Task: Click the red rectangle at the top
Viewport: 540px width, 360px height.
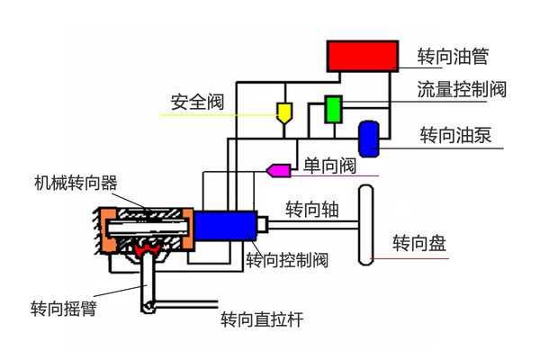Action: coord(363,56)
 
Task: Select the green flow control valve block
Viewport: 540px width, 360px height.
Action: coord(334,108)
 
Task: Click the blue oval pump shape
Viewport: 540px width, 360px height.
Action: coord(369,137)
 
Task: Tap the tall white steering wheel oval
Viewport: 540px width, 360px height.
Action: coord(366,224)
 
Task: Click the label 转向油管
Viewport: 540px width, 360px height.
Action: coord(454,58)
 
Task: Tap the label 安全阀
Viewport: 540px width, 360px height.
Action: coord(197,99)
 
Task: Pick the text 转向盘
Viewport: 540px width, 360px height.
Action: coord(419,243)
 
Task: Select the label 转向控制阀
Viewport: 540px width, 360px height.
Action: coord(286,260)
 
